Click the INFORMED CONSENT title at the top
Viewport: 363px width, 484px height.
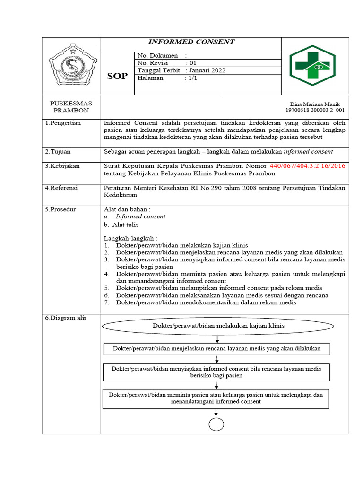coord(191,42)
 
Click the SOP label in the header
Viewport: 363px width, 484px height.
coord(117,76)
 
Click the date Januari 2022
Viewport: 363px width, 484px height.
coord(207,70)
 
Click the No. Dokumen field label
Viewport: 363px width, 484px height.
coord(157,55)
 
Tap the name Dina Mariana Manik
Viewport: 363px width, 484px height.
coord(314,104)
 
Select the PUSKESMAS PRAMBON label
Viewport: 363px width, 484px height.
coord(71,107)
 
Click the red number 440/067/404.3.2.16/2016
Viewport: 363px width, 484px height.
coord(307,166)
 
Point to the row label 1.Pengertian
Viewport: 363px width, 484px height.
coord(63,123)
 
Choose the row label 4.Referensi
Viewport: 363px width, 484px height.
coord(61,188)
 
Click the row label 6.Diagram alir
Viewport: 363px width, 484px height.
coord(66,318)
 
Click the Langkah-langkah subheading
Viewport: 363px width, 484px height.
coord(130,238)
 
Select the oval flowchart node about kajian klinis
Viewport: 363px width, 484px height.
coord(218,326)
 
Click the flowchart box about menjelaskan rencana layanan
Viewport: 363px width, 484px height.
coord(216,349)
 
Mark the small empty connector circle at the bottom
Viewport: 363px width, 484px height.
coord(216,424)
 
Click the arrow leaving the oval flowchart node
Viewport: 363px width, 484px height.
coord(216,339)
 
